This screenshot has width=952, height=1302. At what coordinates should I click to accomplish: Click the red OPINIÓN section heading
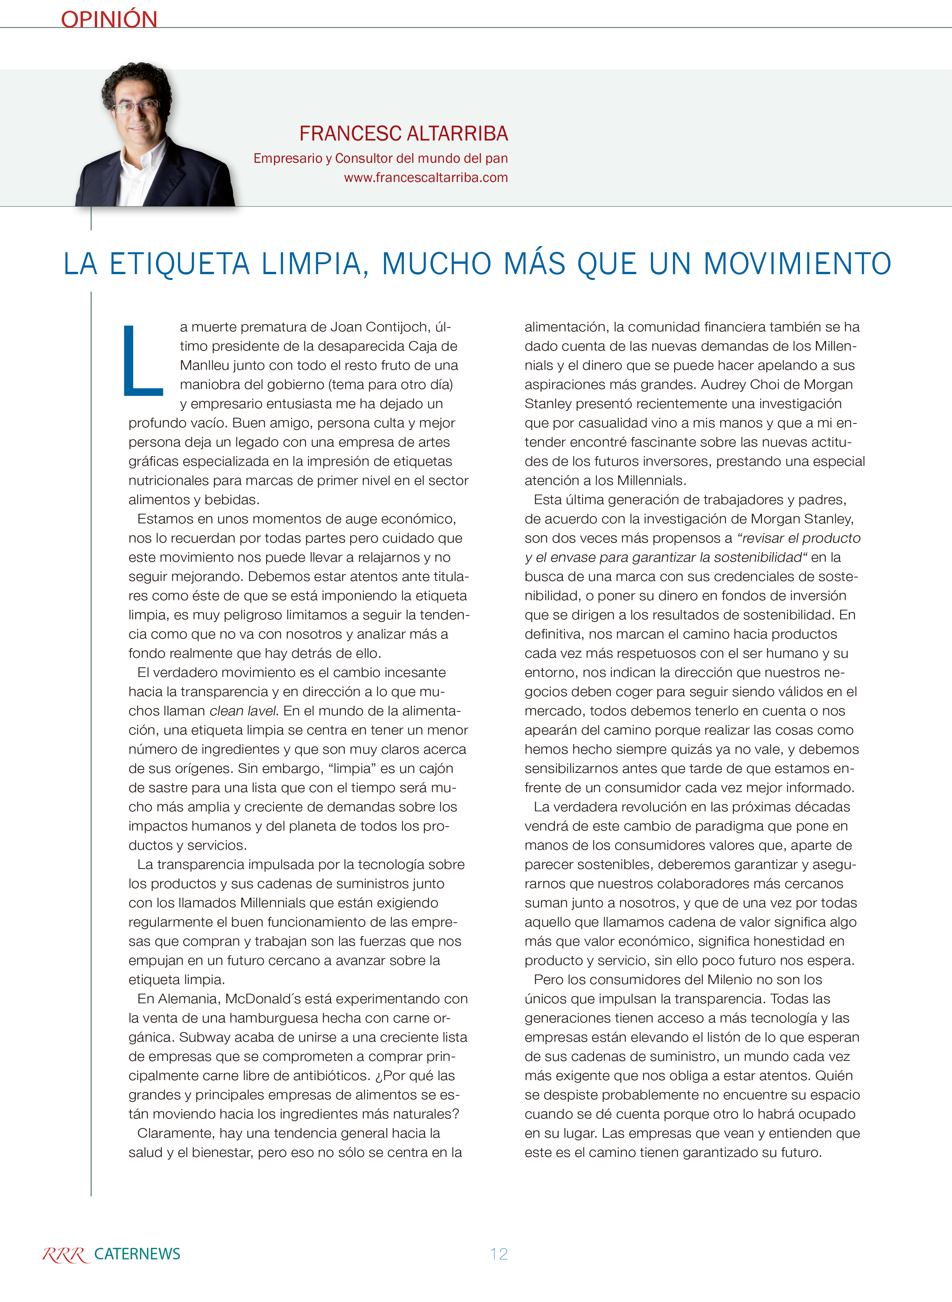[109, 19]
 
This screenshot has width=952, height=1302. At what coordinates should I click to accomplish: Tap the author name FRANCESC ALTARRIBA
[403, 134]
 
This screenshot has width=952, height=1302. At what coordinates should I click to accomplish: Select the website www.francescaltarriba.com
[426, 177]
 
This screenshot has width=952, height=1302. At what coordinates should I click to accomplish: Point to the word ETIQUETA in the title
[179, 264]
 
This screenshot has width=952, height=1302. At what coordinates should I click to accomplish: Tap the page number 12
[499, 1254]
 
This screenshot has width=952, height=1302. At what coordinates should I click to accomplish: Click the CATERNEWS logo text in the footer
[137, 1254]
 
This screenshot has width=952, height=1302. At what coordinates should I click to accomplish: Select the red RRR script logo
[65, 1255]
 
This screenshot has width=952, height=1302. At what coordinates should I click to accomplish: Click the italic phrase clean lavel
[243, 711]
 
